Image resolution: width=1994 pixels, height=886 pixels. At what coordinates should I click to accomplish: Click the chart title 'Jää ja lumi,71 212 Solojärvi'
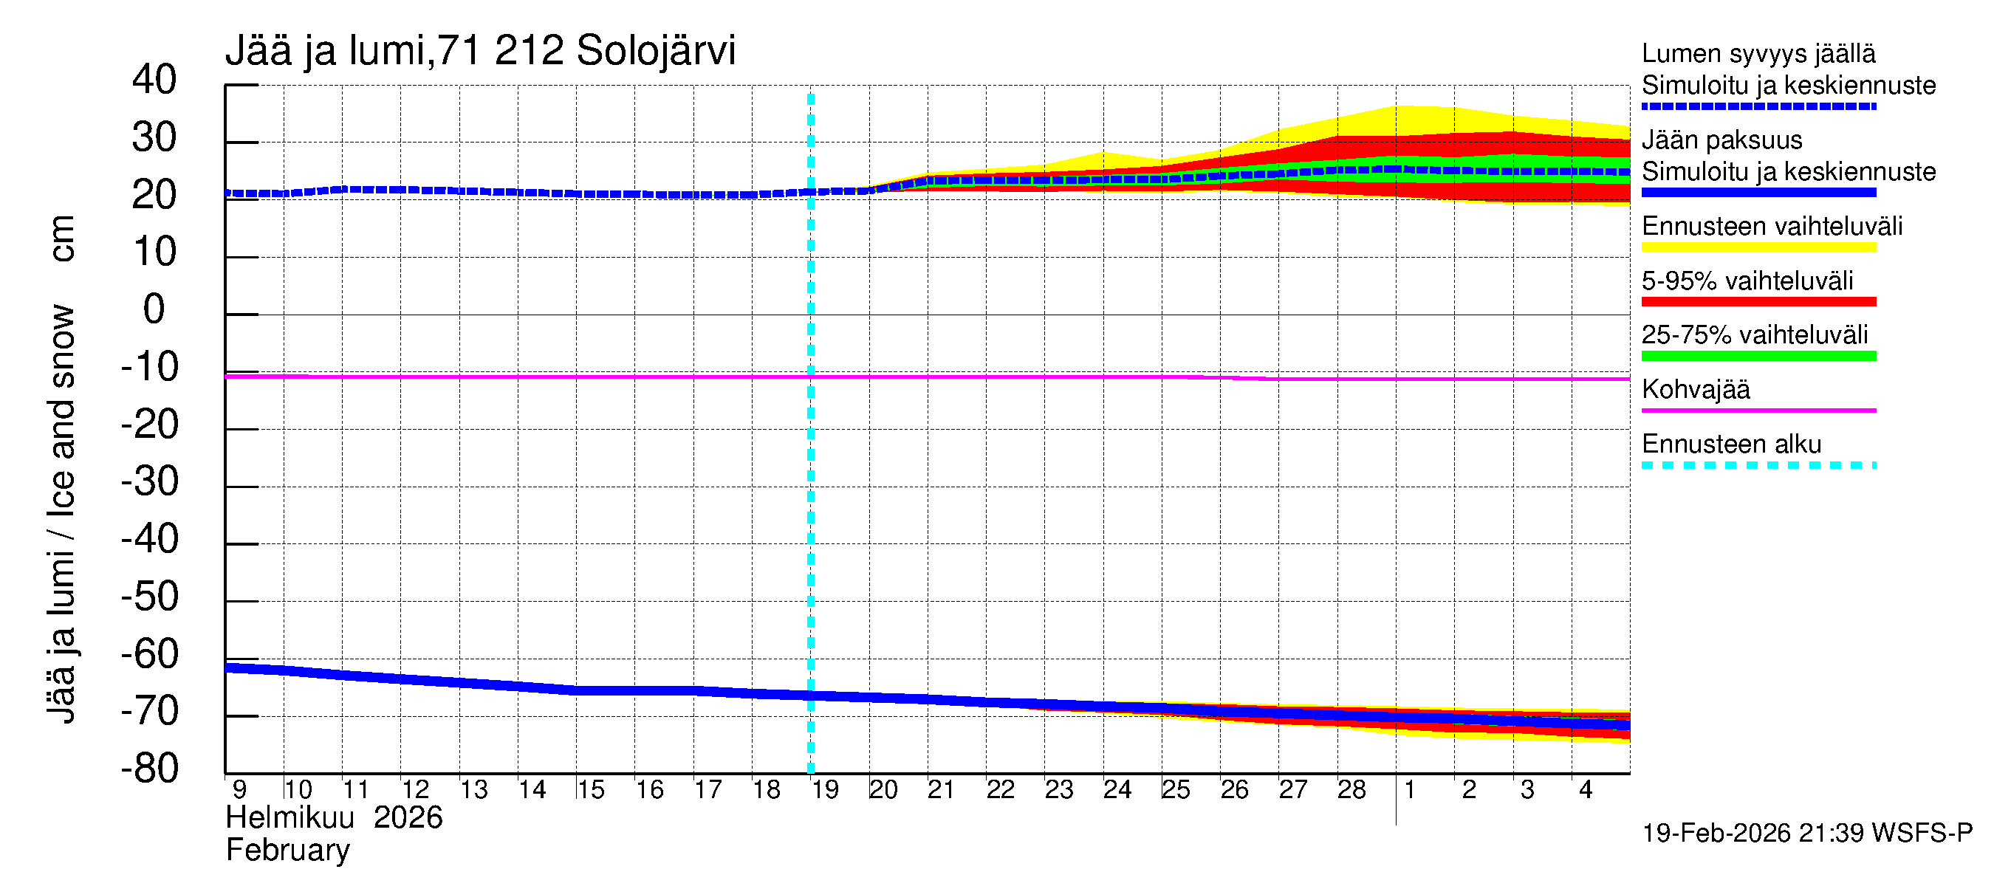480,51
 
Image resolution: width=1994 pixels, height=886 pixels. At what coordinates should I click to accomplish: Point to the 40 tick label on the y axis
154,80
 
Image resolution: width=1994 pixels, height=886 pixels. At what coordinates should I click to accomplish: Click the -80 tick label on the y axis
150,769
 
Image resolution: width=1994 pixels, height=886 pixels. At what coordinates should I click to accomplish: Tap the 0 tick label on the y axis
154,309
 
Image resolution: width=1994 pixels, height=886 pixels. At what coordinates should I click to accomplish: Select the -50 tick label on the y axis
150,597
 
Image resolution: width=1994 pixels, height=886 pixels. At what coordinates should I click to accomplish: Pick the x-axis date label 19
825,790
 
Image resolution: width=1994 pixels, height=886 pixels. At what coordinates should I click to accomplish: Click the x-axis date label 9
239,790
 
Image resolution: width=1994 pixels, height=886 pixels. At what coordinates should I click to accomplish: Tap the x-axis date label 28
1351,790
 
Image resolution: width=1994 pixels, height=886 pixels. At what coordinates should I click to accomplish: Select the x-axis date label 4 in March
1586,790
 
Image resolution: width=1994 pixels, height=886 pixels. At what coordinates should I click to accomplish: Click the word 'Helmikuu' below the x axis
289,818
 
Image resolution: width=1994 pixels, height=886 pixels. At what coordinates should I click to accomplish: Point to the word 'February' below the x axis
287,851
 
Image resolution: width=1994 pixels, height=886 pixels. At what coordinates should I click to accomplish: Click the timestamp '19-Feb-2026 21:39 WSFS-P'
1806,834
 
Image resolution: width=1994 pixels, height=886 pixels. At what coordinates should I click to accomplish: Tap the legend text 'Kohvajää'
1695,389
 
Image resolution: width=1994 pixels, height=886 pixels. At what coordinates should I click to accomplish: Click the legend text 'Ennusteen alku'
1731,444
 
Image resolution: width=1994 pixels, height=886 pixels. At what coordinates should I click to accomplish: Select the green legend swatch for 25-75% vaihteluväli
1758,356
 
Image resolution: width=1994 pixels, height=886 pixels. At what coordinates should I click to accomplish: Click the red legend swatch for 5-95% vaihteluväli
1758,302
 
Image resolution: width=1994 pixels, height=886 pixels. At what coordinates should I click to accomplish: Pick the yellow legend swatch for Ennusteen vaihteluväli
1758,247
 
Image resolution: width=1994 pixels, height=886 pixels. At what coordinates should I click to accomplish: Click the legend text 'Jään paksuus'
1721,140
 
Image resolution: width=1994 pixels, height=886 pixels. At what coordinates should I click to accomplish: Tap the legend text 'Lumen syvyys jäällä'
1758,53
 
